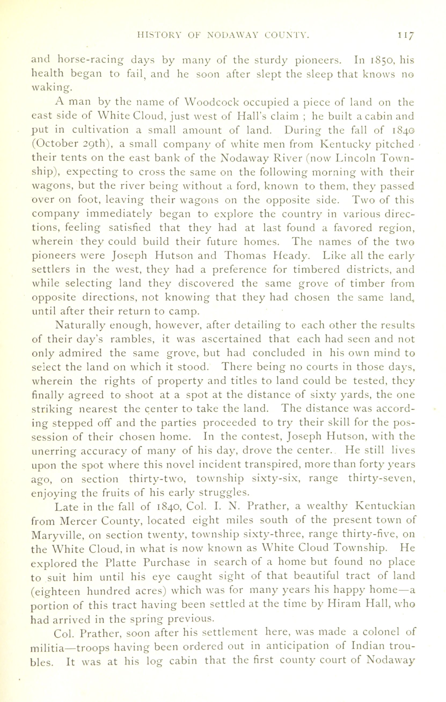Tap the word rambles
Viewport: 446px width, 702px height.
133,339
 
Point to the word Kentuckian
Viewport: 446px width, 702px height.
386,506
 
